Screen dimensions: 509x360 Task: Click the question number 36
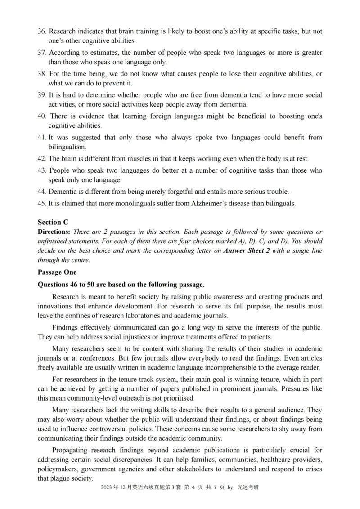(41, 32)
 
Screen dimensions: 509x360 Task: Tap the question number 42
(41, 159)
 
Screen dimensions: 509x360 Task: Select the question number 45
(41, 203)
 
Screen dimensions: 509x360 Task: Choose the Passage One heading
(57, 272)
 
